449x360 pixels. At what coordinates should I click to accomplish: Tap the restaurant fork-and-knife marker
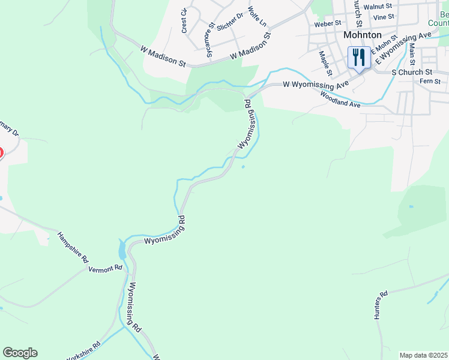tap(358, 58)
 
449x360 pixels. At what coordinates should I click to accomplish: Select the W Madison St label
tap(163, 55)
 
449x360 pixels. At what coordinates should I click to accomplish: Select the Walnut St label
tap(381, 6)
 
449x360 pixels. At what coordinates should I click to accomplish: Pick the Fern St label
tap(430, 81)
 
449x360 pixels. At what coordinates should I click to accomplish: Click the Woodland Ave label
tap(340, 99)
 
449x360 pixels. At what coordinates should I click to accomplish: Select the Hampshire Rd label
tap(73, 247)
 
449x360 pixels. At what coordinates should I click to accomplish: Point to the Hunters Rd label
tap(381, 304)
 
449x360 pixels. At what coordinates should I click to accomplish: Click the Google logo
tap(20, 353)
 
